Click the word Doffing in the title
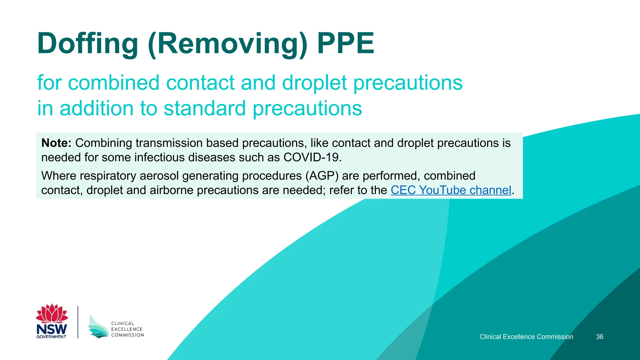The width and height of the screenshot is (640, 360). (87, 44)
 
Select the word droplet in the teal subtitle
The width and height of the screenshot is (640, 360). (314, 83)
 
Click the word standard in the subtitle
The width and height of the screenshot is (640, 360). (205, 108)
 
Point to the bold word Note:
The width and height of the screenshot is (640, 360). (57, 143)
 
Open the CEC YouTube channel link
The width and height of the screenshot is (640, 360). (451, 190)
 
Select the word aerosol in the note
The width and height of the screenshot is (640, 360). (159, 176)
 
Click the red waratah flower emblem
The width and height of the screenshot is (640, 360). (52, 313)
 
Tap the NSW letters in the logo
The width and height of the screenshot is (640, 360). (52, 329)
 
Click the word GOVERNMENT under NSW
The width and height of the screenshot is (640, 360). (51, 337)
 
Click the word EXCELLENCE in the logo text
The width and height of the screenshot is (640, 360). (127, 329)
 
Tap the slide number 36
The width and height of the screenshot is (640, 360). (599, 337)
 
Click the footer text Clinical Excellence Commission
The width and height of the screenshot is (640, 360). (526, 337)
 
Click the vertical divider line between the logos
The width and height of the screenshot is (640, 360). (78, 322)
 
